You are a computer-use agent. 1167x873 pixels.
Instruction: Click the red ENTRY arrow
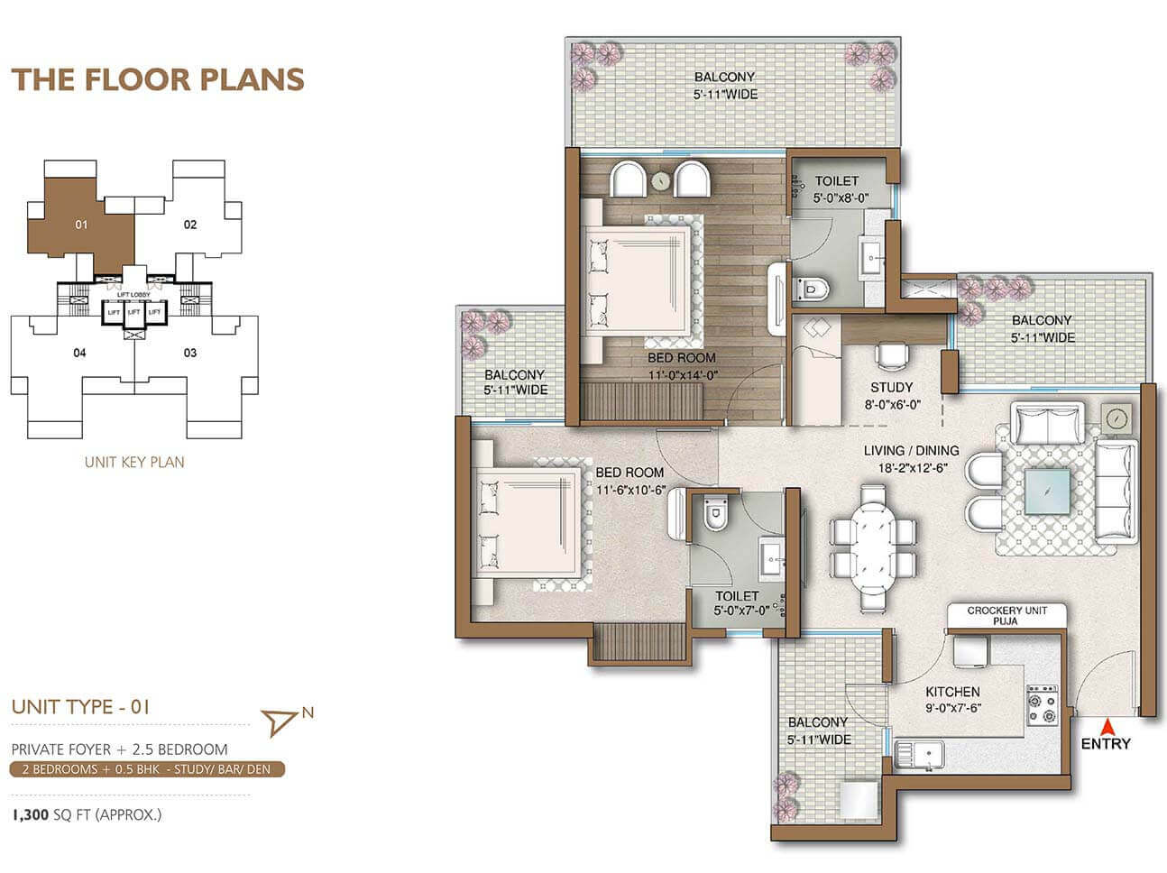point(1107,726)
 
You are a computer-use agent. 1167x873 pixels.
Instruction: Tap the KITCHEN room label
point(952,692)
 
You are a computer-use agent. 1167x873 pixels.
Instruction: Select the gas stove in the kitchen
point(1042,705)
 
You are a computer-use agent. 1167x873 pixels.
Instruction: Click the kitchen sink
point(919,755)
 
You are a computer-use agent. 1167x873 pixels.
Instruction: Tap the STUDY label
point(892,388)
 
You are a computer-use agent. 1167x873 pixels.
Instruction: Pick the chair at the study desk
point(892,354)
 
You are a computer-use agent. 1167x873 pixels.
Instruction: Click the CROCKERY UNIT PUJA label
point(1007,616)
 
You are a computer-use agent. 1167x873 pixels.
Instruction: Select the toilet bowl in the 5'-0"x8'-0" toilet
point(810,289)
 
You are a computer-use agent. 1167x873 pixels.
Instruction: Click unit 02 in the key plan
point(189,225)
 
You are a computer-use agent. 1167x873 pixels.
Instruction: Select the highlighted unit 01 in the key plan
point(81,225)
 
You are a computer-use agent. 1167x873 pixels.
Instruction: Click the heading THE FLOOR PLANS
point(158,79)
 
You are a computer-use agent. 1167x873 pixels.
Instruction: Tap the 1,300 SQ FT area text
point(87,814)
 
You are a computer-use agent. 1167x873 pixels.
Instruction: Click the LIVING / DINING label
point(911,451)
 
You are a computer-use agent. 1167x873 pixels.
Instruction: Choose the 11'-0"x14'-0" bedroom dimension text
point(683,375)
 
